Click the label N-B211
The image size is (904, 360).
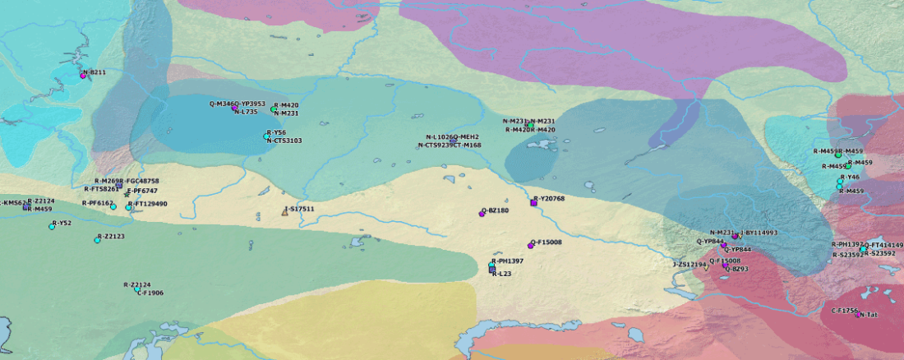pos(94,72)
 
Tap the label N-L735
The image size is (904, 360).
pos(247,112)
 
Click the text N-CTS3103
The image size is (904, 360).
pos(284,141)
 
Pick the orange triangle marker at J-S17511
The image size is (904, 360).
pos(285,211)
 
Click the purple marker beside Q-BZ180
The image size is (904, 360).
pos(482,213)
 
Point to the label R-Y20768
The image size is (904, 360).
pos(549,199)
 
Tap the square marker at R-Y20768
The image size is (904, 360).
pos(534,201)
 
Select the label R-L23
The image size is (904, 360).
pos(501,274)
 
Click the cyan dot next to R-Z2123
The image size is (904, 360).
pos(97,239)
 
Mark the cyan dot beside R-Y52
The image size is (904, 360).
pos(52,226)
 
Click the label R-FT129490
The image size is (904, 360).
pos(150,204)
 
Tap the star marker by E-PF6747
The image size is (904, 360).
pos(126,193)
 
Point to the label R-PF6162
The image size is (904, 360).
pos(98,203)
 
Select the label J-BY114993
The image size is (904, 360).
pos(759,233)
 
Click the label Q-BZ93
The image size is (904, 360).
pos(737,269)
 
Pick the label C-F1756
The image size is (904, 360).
pos(844,311)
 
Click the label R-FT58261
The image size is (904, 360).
pos(101,189)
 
